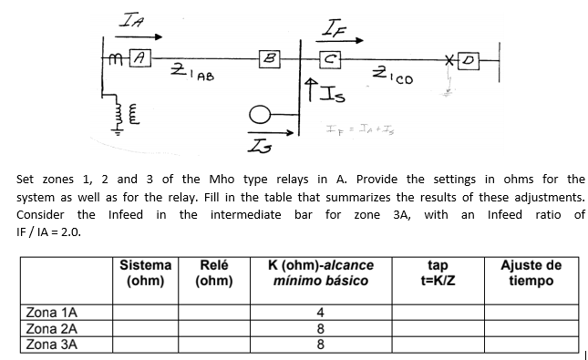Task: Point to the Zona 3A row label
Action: (53, 344)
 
